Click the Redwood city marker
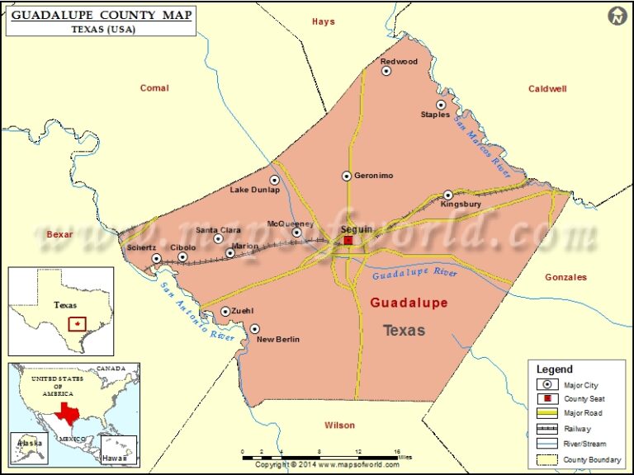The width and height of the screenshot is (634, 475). click(386, 71)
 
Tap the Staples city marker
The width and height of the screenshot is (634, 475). click(441, 105)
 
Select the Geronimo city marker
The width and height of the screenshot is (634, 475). click(347, 176)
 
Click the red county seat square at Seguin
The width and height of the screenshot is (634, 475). click(348, 240)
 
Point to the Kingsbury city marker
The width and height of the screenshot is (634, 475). click(448, 195)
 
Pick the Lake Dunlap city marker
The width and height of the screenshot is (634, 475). click(275, 180)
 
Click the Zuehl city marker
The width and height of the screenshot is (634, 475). click(225, 312)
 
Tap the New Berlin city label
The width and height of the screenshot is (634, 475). click(278, 340)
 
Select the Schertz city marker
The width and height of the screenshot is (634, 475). click(156, 259)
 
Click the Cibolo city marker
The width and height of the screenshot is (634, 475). click(182, 257)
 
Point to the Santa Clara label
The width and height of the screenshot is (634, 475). click(218, 230)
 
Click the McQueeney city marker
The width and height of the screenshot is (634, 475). click(297, 233)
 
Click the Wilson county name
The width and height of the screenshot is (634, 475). click(339, 426)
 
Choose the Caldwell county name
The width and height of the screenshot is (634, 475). click(547, 88)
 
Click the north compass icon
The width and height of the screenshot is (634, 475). click(617, 15)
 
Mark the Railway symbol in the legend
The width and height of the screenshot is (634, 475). click(546, 429)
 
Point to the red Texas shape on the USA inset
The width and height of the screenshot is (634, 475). click(69, 412)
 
